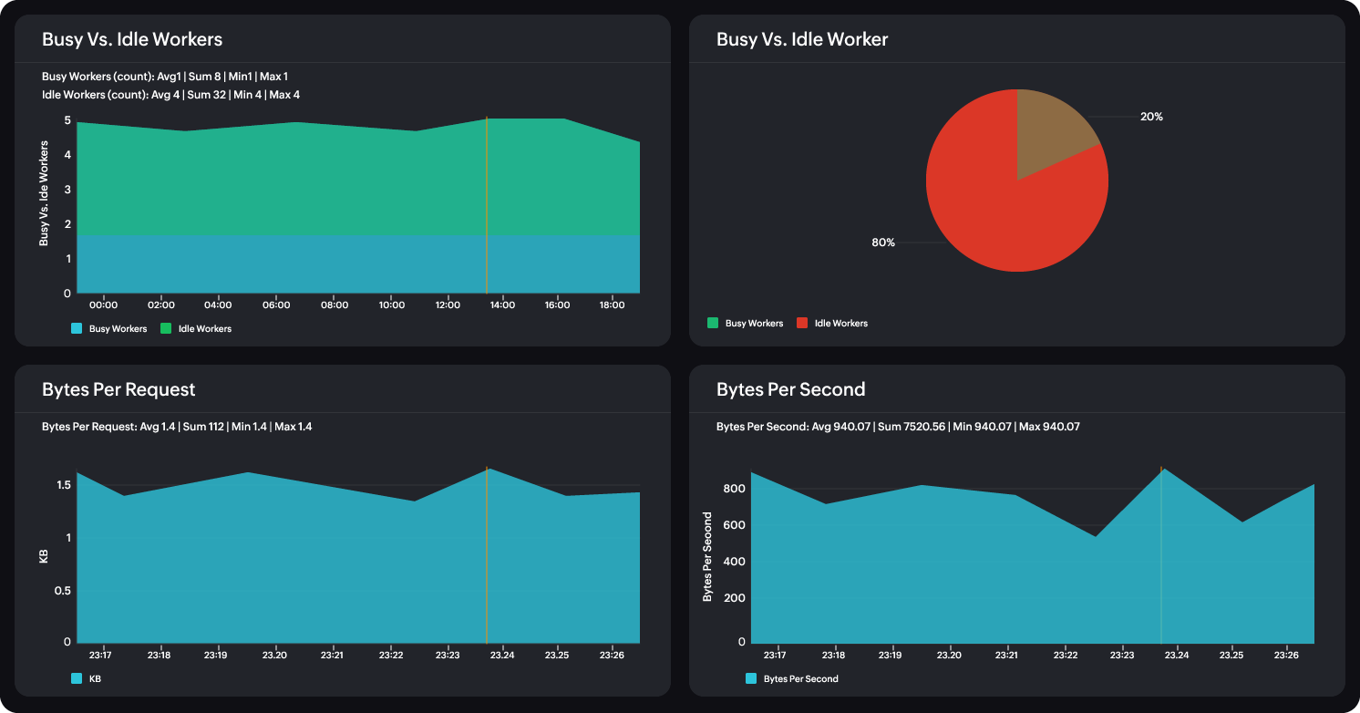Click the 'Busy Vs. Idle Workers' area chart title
click(132, 39)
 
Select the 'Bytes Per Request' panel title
click(118, 389)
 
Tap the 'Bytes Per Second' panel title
click(790, 389)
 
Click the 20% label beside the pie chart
click(1151, 117)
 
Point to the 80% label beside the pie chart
click(883, 243)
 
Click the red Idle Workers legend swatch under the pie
click(802, 323)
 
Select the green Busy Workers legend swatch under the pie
click(713, 323)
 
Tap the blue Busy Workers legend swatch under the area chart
click(77, 328)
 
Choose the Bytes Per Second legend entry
click(791, 678)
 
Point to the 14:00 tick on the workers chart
click(501, 305)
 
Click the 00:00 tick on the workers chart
click(104, 305)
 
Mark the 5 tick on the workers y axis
click(67, 120)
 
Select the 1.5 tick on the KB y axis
click(63, 485)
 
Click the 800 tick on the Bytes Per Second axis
click(734, 489)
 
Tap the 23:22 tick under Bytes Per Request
click(391, 656)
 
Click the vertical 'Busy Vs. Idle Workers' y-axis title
click(43, 192)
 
